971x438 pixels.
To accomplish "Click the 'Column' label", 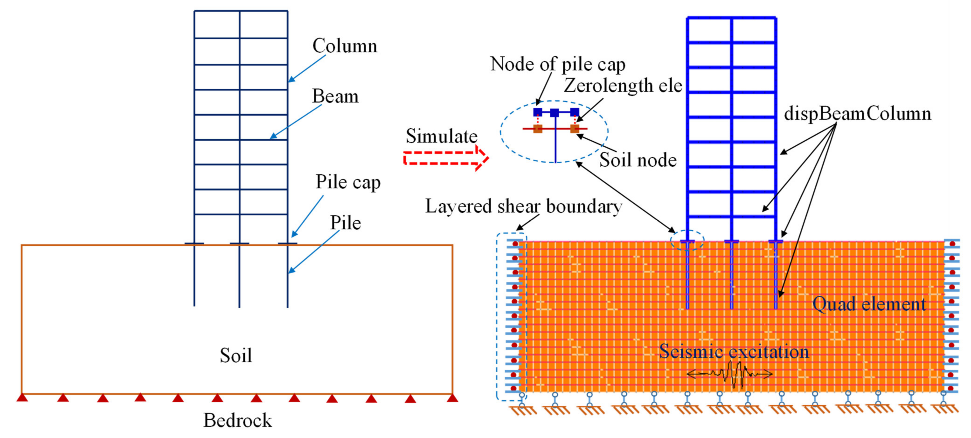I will pyautogui.click(x=344, y=46).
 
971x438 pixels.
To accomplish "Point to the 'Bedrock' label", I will pyautogui.click(x=237, y=420).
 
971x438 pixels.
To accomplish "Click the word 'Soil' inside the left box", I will pyautogui.click(x=236, y=355).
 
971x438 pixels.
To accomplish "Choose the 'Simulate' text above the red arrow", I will pyautogui.click(x=441, y=136).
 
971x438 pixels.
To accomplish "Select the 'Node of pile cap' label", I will pyautogui.click(x=558, y=64).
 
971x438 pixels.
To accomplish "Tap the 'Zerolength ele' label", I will pyautogui.click(x=623, y=86).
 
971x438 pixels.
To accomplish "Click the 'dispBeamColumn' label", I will pyautogui.click(x=857, y=114).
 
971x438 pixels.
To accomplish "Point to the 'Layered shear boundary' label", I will pyautogui.click(x=524, y=206).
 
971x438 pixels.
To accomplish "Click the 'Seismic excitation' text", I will pyautogui.click(x=734, y=352).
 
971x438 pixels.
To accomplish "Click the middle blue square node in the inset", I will pyautogui.click(x=555, y=113).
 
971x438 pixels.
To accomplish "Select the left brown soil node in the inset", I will pyautogui.click(x=538, y=129).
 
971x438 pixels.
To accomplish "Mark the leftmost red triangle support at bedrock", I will pyautogui.click(x=22, y=397).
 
